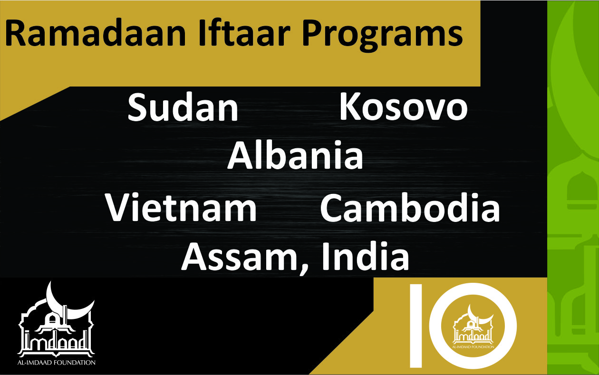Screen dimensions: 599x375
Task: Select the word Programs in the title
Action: pyautogui.click(x=383, y=36)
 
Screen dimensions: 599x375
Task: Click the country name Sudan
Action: pyautogui.click(x=183, y=107)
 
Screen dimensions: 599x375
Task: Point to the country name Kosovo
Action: pyautogui.click(x=404, y=106)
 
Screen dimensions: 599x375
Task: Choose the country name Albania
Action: pyautogui.click(x=295, y=155)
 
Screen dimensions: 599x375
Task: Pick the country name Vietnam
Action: pyautogui.click(x=181, y=207)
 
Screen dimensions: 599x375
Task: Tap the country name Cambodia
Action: pyautogui.click(x=410, y=207)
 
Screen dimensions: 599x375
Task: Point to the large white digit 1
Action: pyautogui.click(x=416, y=326)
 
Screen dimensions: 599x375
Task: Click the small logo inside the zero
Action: pyautogui.click(x=473, y=327)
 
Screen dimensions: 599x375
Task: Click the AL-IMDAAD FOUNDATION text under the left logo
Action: pyautogui.click(x=57, y=363)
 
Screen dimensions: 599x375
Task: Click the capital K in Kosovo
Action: pyautogui.click(x=350, y=106)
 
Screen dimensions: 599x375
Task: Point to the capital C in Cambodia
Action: pyautogui.click(x=332, y=208)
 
